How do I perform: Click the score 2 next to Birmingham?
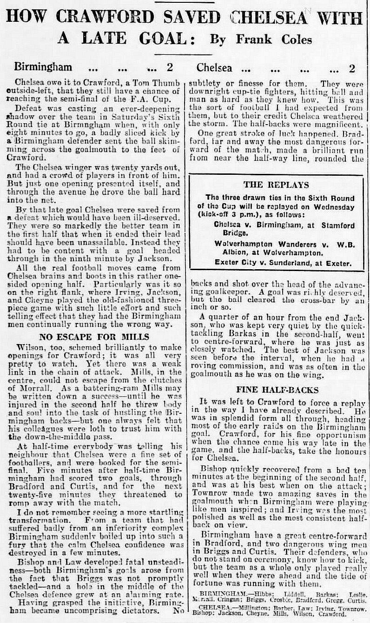coord(170,68)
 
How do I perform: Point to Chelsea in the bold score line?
coord(214,68)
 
